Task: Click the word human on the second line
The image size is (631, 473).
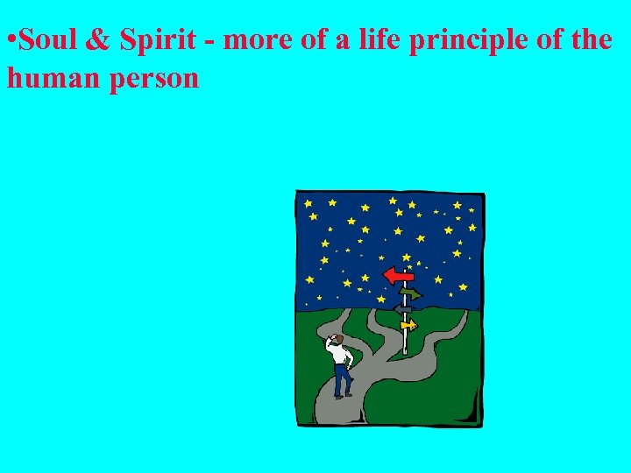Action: (47, 79)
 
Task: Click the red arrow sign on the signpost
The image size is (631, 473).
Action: (400, 275)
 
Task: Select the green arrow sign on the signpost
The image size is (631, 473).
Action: (409, 293)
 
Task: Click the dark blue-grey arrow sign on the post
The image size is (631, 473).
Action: (402, 309)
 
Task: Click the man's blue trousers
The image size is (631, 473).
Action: (341, 379)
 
